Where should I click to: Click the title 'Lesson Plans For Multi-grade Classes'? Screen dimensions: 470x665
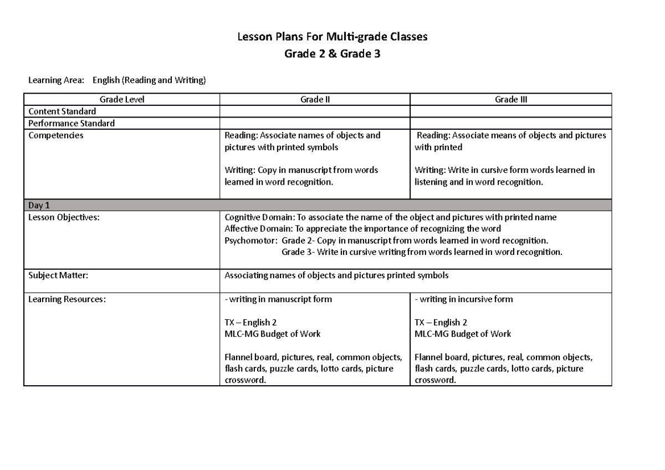coord(332,38)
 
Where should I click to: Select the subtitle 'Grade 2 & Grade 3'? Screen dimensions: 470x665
coord(332,54)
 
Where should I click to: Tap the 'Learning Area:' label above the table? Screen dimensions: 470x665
coord(56,81)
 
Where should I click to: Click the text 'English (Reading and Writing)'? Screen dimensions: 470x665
coord(149,81)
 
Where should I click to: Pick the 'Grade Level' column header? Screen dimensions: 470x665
coord(121,100)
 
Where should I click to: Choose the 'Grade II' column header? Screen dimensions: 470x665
coord(315,100)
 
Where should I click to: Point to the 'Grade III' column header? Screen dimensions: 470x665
coord(510,100)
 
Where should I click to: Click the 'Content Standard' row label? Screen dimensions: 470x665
coord(62,111)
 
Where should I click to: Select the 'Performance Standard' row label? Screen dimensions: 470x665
coord(71,123)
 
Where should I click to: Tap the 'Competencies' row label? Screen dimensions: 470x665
coord(56,135)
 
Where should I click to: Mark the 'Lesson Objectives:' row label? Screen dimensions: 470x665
coord(64,217)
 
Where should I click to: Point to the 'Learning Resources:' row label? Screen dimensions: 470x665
coord(67,299)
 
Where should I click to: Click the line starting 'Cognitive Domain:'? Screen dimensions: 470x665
coord(390,217)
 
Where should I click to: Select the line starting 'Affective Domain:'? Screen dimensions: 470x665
coord(362,229)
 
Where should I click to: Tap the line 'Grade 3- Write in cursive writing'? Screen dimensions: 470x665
coord(422,252)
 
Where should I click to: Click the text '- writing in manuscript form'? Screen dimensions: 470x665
coord(278,299)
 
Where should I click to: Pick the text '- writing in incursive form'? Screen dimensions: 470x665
coord(464,299)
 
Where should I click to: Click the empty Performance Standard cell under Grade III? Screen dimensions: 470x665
coord(510,123)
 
